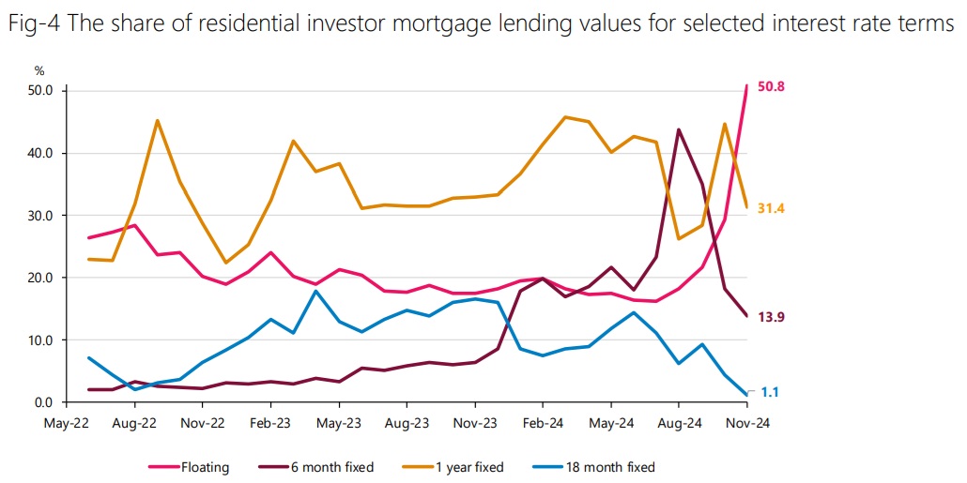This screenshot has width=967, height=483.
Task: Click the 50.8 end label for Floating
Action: point(771,87)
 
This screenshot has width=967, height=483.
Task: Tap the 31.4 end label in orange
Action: point(771,208)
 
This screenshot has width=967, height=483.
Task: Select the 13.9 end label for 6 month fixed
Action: point(771,317)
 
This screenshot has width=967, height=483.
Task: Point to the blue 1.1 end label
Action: point(770,393)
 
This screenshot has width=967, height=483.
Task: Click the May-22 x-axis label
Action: point(66,424)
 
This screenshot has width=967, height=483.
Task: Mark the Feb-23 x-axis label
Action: point(269,424)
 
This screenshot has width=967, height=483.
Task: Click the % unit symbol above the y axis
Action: point(39,70)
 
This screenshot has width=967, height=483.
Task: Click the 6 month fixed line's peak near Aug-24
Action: point(679,129)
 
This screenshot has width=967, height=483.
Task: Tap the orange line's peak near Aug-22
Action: point(157,120)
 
